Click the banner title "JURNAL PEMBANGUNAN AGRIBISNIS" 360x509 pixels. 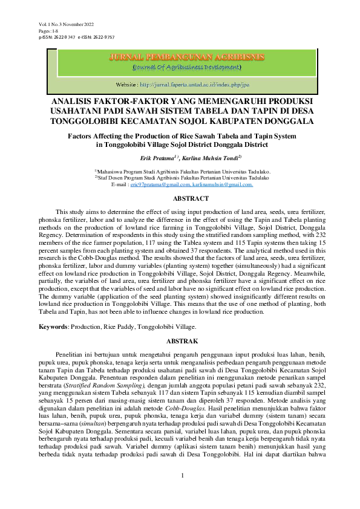pyautogui.click(x=186, y=57)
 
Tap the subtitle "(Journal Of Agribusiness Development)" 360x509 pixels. pyautogui.click(x=186, y=66)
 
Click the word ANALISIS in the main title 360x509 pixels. pyautogui.click(x=77, y=101)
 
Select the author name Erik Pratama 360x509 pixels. pyautogui.click(x=154, y=158)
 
